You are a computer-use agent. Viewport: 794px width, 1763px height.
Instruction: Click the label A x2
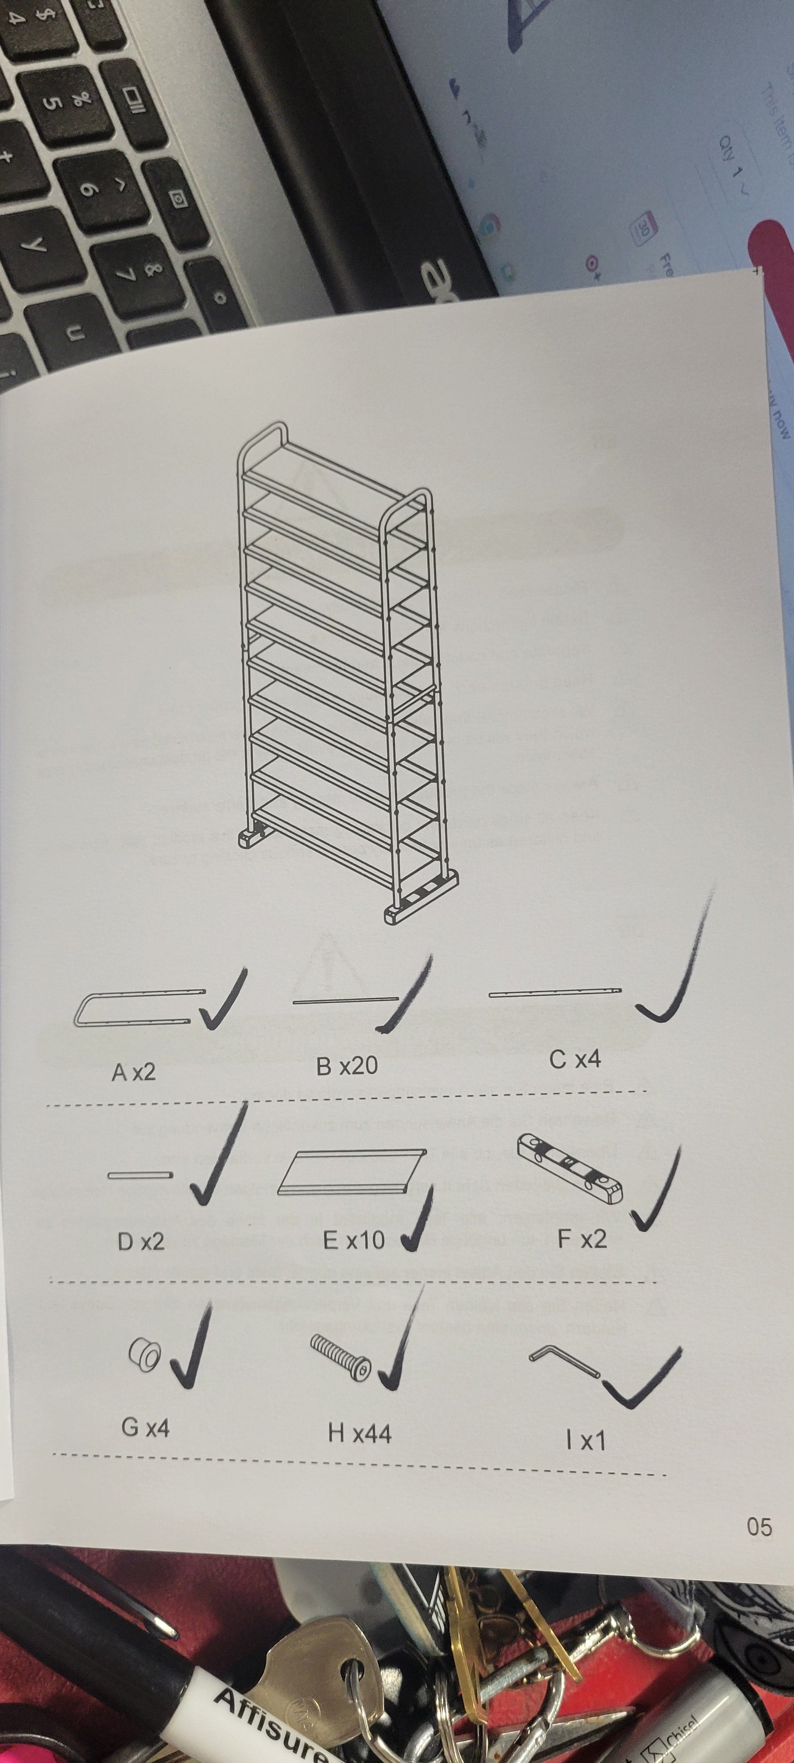(x=133, y=1071)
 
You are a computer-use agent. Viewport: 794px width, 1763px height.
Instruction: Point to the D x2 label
(x=141, y=1241)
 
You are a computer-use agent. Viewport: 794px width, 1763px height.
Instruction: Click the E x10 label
(x=353, y=1240)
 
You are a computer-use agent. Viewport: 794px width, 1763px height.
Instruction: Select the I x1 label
(x=585, y=1441)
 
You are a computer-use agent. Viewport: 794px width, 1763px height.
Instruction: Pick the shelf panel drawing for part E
(x=352, y=1172)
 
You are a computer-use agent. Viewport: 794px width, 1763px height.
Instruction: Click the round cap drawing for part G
(x=144, y=1353)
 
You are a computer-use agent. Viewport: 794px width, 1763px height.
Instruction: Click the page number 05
(x=759, y=1527)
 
